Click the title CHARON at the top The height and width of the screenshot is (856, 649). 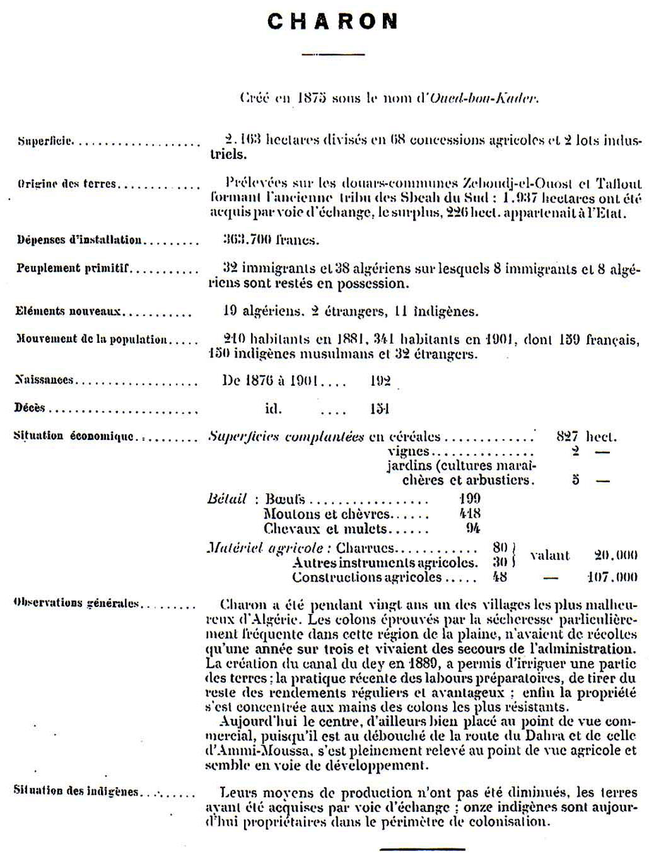tap(332, 21)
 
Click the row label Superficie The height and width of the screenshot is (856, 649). tap(45, 141)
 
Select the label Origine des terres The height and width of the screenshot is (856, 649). tap(67, 184)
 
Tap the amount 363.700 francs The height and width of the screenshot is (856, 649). tap(271, 240)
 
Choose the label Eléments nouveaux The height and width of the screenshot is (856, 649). tap(69, 311)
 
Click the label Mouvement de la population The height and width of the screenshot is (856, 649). tap(91, 339)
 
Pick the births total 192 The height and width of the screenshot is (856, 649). tap(380, 381)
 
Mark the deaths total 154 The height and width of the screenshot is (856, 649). tap(380, 408)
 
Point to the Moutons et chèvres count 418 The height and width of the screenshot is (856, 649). tap(471, 514)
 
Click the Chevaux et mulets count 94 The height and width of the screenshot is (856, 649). tap(473, 528)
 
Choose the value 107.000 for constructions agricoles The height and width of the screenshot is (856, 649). tap(612, 577)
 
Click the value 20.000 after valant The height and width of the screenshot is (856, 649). tap(616, 555)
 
